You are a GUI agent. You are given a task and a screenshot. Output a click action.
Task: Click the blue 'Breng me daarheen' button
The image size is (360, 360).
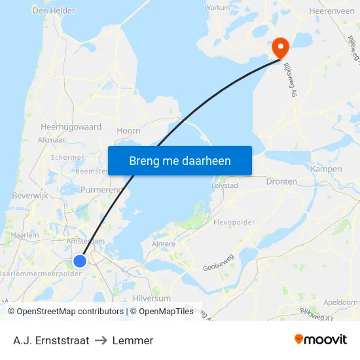180,160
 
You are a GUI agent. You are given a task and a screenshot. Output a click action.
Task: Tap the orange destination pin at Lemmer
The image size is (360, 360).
281,47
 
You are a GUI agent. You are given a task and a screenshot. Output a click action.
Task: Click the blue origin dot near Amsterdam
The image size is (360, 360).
79,261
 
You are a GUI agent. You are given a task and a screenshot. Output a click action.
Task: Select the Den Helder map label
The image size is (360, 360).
54,10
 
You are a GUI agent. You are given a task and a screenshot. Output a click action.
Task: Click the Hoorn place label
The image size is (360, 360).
128,131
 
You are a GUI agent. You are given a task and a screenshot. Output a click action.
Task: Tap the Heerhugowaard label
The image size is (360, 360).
71,126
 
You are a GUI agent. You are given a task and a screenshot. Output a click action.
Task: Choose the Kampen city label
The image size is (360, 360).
327,169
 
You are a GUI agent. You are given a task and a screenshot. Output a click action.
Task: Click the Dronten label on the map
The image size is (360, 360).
281,181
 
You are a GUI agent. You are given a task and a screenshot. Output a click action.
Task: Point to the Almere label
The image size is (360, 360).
164,244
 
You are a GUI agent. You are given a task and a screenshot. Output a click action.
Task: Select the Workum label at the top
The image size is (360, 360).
217,8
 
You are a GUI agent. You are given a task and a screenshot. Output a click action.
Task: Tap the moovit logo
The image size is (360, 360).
321,340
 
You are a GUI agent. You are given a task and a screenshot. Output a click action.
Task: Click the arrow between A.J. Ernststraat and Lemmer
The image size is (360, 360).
101,340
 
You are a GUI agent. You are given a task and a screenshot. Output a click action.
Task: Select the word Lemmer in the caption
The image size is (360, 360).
133,340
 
